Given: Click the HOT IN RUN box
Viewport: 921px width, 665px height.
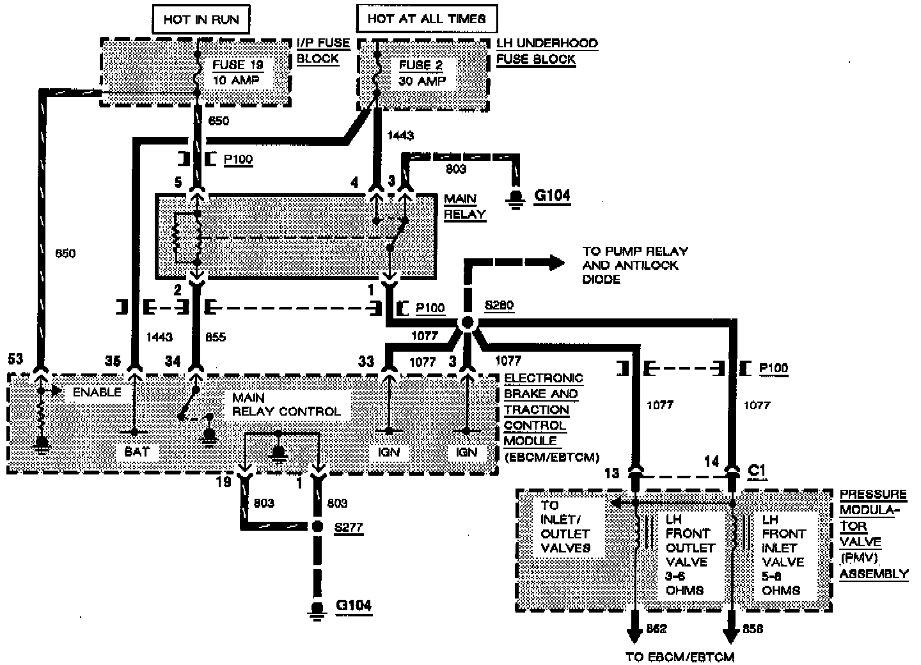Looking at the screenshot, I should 201,19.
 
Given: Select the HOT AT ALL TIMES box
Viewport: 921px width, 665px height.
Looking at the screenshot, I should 427,19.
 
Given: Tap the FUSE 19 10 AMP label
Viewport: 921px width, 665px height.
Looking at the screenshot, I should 237,72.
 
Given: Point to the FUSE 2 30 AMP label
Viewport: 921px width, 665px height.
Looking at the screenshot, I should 421,73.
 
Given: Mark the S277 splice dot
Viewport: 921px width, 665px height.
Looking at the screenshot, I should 317,527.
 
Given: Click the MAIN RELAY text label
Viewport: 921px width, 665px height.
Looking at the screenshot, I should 464,207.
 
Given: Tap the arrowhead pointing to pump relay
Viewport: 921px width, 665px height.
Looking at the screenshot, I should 555,262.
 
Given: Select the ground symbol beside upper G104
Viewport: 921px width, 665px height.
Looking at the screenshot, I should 514,200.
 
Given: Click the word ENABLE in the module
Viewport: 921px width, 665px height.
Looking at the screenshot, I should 97,392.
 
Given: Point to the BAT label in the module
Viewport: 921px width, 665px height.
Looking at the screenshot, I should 136,451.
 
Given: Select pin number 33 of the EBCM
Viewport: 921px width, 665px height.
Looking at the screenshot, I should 365,361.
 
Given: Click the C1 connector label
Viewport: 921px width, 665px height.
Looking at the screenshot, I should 757,470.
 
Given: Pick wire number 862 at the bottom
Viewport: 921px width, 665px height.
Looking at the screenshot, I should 657,629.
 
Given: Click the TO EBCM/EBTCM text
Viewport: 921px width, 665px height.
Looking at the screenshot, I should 679,657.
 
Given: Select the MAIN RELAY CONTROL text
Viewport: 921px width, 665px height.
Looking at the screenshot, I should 286,405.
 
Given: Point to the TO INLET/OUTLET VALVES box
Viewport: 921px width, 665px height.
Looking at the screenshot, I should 565,526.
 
